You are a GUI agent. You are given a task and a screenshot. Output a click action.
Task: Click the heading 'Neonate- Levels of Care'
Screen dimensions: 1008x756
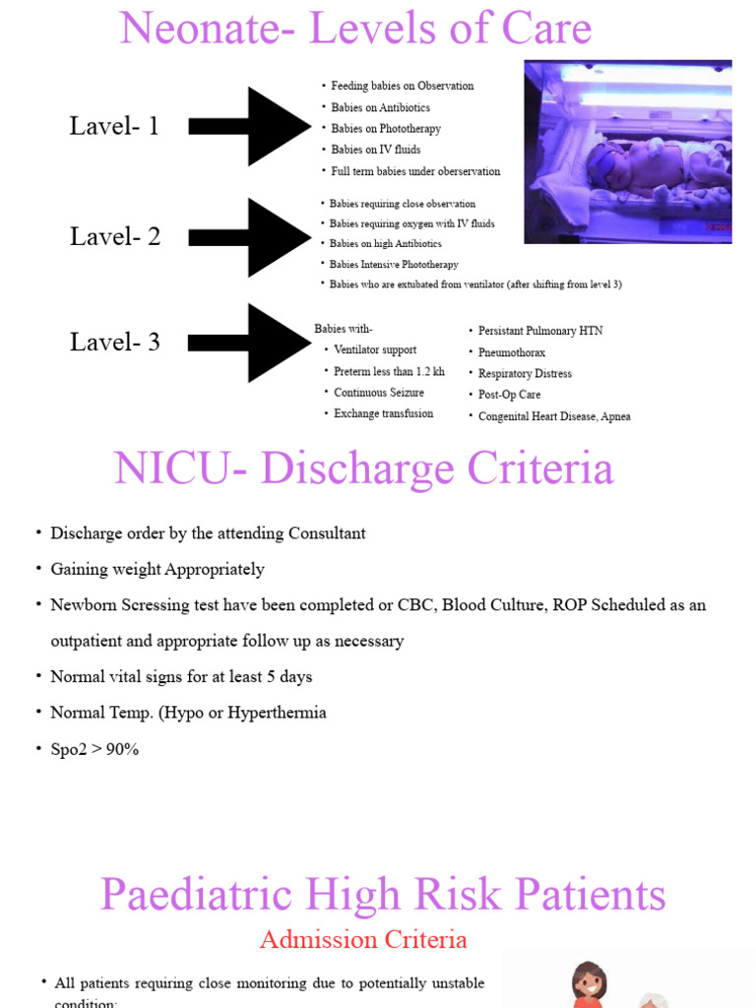355,29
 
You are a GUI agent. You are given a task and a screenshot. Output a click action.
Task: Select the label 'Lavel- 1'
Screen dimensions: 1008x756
114,126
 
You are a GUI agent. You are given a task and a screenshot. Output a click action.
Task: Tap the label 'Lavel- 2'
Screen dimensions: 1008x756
115,236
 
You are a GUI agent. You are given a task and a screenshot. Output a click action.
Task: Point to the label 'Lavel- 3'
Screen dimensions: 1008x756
115,343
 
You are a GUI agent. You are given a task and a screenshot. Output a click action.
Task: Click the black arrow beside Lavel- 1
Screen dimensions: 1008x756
250,126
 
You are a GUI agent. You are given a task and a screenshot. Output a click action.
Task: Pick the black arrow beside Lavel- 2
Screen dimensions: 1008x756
250,237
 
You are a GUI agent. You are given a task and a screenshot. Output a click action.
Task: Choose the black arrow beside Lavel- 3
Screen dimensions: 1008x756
250,343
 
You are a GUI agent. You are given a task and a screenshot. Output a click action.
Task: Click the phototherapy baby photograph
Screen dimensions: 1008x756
628,152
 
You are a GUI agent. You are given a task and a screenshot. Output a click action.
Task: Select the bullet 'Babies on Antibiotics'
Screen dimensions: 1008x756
380,107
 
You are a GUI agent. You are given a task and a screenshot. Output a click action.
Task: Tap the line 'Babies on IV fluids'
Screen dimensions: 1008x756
375,150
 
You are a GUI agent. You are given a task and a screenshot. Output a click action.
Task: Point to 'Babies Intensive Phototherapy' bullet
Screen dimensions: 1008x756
394,264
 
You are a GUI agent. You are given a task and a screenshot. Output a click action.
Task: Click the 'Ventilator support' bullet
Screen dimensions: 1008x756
374,349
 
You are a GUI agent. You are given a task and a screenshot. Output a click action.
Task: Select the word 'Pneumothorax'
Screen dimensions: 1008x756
511,352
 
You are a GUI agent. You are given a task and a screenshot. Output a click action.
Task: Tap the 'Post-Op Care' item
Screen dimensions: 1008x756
509,395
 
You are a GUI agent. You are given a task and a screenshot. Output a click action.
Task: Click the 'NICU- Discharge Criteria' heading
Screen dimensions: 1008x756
363,470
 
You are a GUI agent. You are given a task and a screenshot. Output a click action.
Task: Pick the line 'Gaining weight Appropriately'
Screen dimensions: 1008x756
157,569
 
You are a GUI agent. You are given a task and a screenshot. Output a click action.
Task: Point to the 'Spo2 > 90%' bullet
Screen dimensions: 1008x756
94,749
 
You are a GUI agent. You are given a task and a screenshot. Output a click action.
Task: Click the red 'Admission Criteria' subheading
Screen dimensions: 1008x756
363,940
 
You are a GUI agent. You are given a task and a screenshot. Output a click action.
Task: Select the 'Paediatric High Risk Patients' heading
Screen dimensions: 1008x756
383,895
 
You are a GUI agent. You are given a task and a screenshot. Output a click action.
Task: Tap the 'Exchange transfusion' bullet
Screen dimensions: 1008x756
383,413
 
